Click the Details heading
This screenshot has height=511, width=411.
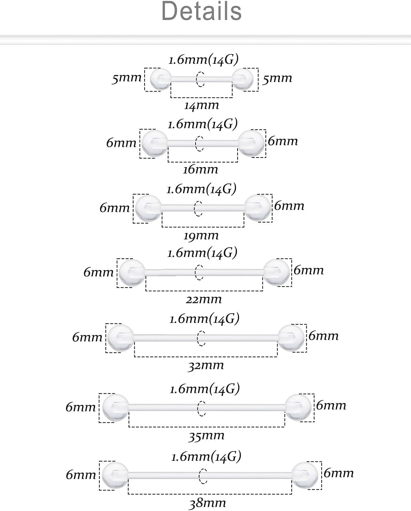tap(202, 11)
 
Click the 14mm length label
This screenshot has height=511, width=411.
tap(202, 105)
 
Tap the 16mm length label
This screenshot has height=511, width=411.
tap(201, 170)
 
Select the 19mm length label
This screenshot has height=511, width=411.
tap(201, 236)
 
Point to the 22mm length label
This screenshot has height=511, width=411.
tap(204, 299)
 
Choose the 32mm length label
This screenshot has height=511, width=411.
tap(206, 366)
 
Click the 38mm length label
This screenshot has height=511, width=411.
tap(208, 503)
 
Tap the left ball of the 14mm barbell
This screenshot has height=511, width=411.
tap(160, 79)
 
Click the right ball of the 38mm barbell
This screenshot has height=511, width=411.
tap(305, 475)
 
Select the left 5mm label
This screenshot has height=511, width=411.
tap(127, 78)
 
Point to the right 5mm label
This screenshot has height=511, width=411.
tap(277, 78)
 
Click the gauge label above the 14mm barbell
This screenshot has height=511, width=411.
tap(203, 60)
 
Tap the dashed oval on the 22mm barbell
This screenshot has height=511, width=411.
tap(199, 272)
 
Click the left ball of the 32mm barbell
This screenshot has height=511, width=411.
tap(120, 338)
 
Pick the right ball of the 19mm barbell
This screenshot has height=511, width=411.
tap(258, 208)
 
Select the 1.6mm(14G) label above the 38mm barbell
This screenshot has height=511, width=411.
tap(206, 456)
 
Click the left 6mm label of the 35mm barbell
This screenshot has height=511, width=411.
tap(81, 407)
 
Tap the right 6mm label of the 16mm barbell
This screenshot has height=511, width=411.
tap(283, 141)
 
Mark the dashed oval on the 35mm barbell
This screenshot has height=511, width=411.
tap(202, 408)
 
